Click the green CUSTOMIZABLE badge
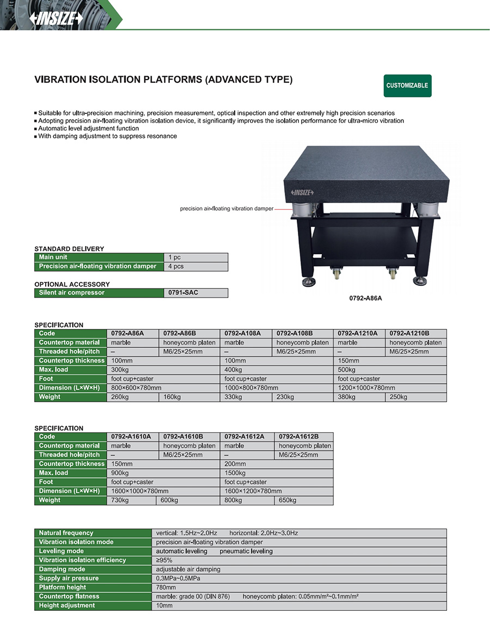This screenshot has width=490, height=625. click(407, 85)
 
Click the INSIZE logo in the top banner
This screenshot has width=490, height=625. click(57, 19)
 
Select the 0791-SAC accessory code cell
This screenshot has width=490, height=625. click(195, 293)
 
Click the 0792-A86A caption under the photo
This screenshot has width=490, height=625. click(365, 298)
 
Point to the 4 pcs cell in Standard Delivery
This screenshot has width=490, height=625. click(195, 266)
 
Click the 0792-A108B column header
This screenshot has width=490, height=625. click(302, 333)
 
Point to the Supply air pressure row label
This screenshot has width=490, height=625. click(69, 578)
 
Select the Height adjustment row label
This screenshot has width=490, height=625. click(67, 605)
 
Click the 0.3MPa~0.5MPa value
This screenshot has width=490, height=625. click(178, 578)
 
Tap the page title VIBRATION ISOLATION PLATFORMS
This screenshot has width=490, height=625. click(163, 79)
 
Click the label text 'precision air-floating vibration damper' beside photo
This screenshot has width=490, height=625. click(226, 209)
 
